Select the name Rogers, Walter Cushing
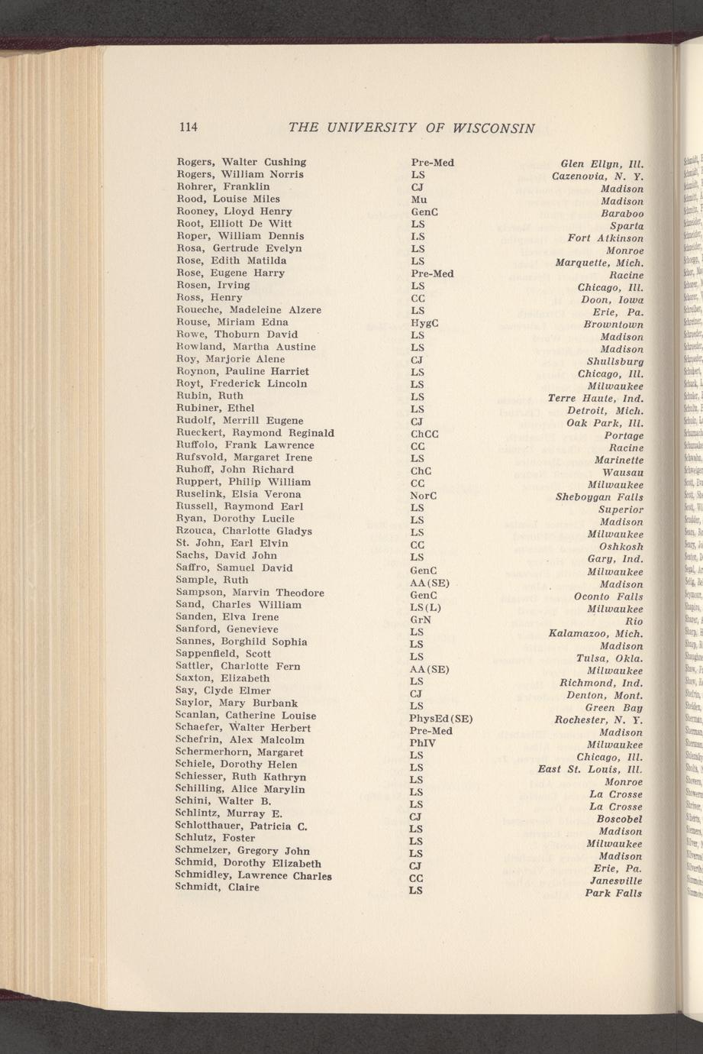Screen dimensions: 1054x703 pyautogui.click(x=241, y=162)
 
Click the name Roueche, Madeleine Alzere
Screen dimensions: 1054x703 pyautogui.click(x=249, y=310)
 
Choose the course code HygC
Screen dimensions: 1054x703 pyautogui.click(x=424, y=323)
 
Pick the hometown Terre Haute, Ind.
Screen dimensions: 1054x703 pyautogui.click(x=596, y=398)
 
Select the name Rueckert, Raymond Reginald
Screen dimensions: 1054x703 pyautogui.click(x=255, y=433)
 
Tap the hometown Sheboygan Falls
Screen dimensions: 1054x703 pyautogui.click(x=600, y=497)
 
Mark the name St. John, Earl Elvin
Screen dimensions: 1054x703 pyautogui.click(x=232, y=543)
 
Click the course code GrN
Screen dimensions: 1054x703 pyautogui.click(x=421, y=619)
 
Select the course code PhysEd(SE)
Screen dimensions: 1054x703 pyautogui.click(x=442, y=718)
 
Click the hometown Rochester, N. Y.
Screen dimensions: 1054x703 pyautogui.click(x=598, y=719)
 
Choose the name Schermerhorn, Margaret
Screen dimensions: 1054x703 pyautogui.click(x=240, y=752)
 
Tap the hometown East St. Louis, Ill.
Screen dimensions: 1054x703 pyautogui.click(x=590, y=769)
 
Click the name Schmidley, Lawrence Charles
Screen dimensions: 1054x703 pyautogui.click(x=253, y=875)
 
